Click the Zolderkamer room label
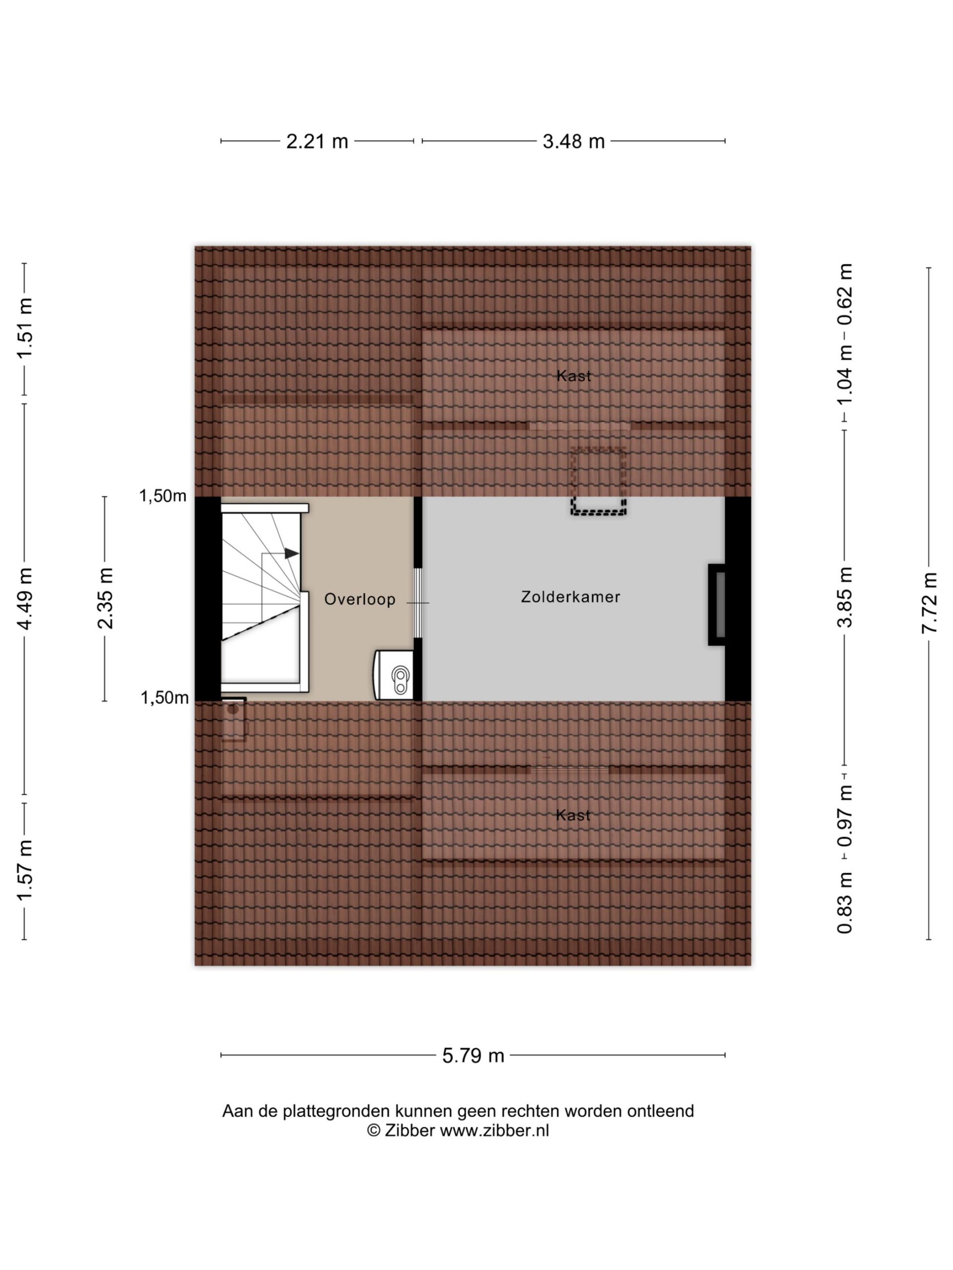[x=570, y=597]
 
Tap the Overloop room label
[x=359, y=599]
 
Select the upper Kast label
[x=573, y=376]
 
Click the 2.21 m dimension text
[x=317, y=141]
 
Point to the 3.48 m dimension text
[x=573, y=141]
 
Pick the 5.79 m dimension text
[x=473, y=1055]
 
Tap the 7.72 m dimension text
[x=930, y=603]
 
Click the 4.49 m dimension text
[x=25, y=598]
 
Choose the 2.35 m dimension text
[x=105, y=598]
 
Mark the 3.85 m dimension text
[x=844, y=597]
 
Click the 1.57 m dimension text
[x=25, y=871]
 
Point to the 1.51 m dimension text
[x=25, y=328]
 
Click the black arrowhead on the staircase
[x=292, y=554]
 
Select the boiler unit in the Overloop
[x=394, y=675]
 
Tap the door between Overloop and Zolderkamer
[x=418, y=603]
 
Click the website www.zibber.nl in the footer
[x=494, y=1131]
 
